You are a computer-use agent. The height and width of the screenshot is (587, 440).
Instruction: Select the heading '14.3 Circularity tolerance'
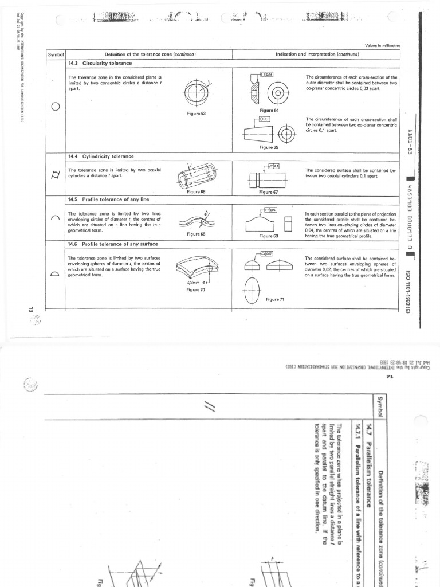pos(100,62)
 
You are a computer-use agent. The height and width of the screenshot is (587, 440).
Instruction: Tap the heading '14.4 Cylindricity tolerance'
pos(101,156)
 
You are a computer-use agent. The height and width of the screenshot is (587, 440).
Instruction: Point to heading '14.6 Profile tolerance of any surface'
pos(112,244)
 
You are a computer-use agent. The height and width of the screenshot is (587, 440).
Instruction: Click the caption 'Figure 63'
pos(196,114)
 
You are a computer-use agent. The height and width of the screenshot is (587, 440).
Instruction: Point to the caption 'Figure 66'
pos(196,191)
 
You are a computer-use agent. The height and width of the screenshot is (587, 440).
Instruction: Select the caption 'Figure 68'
pos(196,234)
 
